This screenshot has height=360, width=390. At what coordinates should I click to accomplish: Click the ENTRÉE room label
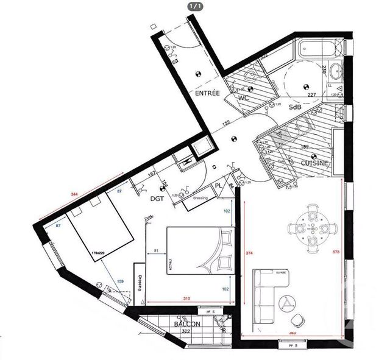(x=207, y=94)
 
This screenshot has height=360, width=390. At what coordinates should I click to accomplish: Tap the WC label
(x=244, y=98)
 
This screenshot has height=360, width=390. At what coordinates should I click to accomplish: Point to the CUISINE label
(x=314, y=163)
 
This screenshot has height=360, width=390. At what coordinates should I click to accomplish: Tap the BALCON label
(x=186, y=324)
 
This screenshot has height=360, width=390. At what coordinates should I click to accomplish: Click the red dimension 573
(x=336, y=250)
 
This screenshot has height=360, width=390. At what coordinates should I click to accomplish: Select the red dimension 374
(x=248, y=255)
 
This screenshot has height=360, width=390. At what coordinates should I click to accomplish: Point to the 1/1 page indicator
(x=195, y=5)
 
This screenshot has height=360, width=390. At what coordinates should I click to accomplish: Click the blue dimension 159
(x=121, y=281)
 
